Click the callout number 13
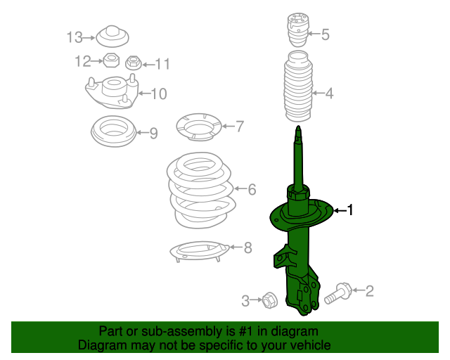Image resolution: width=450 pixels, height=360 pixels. tap(75, 37)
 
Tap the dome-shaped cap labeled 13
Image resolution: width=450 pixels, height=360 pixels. tap(112, 36)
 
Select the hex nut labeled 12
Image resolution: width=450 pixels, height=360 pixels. tap(111, 60)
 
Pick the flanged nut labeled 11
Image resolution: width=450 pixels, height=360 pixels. tap(133, 63)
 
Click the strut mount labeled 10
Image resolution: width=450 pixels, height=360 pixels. tap(112, 92)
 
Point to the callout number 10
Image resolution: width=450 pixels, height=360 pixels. tap(159, 94)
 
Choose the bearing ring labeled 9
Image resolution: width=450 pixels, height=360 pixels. tap(113, 131)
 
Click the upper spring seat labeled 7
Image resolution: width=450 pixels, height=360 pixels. tap(199, 127)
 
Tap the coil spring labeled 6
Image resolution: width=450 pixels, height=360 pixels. tap(201, 190)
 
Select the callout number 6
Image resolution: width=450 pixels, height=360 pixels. tap(252, 189)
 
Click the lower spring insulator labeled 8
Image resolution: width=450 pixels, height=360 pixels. tap(200, 251)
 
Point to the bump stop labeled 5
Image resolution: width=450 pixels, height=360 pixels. tap(298, 30)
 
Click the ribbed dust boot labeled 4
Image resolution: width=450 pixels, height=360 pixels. tap(298, 86)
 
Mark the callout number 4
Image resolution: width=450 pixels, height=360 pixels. tap(329, 94)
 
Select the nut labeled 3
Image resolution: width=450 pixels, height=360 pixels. tap(269, 300)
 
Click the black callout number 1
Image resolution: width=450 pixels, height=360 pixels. tap(350, 210)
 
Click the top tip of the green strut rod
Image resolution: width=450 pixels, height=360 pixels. tap(298, 126)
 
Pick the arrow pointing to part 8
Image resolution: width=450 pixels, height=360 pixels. tap(236, 247)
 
